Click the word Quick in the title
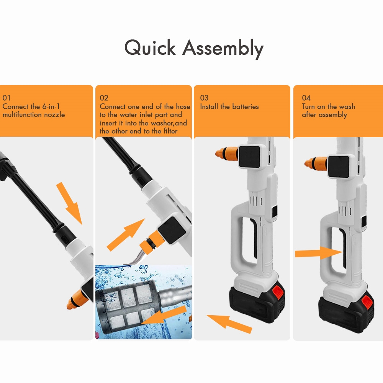click(x=150, y=47)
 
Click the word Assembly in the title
click(x=223, y=49)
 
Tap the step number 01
click(x=7, y=98)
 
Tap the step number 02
click(x=104, y=98)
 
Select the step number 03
click(x=204, y=98)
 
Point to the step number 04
click(x=306, y=98)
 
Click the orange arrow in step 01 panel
click(x=69, y=203)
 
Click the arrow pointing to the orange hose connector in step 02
click(x=126, y=235)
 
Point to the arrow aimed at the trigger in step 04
click(x=319, y=253)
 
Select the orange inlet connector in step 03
click(x=226, y=154)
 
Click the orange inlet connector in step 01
click(x=77, y=300)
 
